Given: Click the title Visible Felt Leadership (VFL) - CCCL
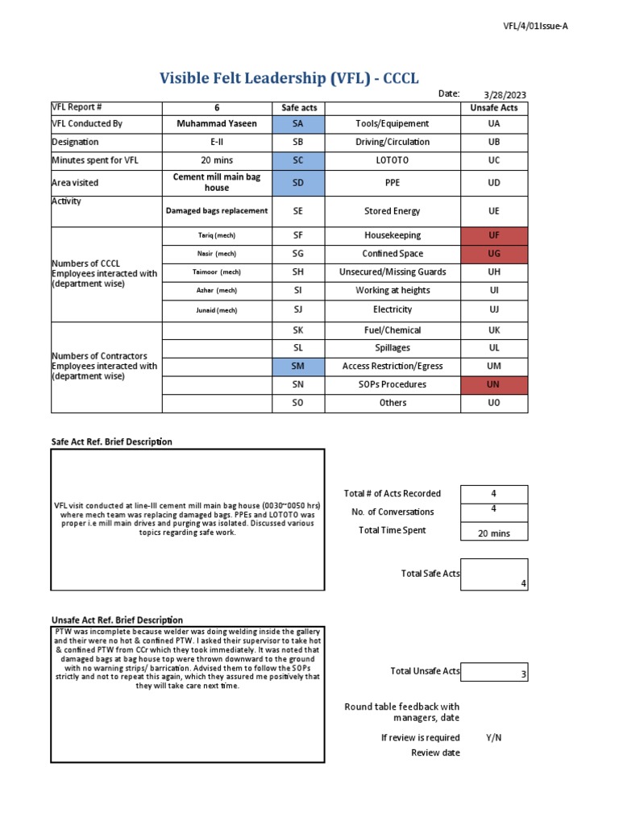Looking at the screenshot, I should click(x=289, y=78).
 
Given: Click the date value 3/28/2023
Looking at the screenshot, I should click(x=505, y=95).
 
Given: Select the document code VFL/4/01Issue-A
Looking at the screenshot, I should click(x=536, y=26).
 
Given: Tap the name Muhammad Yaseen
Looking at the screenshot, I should click(x=217, y=124).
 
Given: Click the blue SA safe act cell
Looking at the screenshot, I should click(x=297, y=124).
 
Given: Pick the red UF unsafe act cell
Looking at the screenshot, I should click(x=494, y=235).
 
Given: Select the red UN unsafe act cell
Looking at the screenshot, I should click(x=494, y=385).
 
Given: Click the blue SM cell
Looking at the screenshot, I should click(x=297, y=367).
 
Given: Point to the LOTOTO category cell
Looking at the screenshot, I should click(x=393, y=160).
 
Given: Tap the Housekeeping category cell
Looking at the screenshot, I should click(x=393, y=235).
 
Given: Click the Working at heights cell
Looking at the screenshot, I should click(x=393, y=291).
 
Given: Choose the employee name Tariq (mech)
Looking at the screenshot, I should click(x=217, y=235).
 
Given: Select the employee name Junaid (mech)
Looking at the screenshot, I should click(x=217, y=310).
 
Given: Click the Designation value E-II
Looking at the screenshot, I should click(x=217, y=142).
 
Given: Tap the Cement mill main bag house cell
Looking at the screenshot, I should click(x=217, y=182).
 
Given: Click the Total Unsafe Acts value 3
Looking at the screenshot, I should click(x=494, y=672).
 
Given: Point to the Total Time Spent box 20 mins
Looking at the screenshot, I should click(x=494, y=533).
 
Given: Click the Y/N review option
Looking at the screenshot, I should click(x=493, y=738).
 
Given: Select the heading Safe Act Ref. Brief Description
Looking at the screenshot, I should click(x=112, y=442).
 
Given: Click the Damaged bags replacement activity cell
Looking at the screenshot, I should click(x=217, y=211).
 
